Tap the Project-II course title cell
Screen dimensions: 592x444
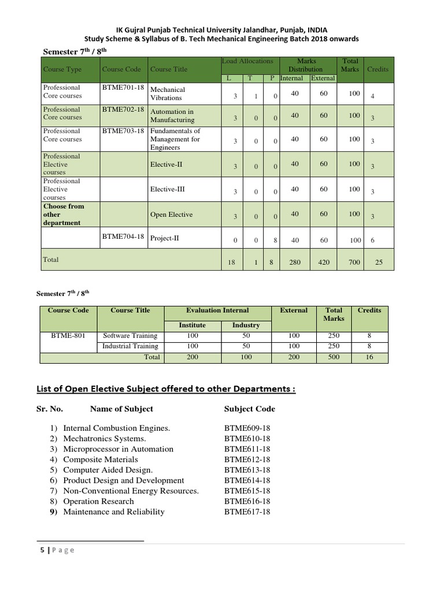(165, 238)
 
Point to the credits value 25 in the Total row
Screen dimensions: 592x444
(379, 262)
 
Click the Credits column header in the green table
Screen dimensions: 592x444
(378, 69)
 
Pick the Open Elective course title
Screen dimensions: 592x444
(171, 214)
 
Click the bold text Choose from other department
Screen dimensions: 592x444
(64, 214)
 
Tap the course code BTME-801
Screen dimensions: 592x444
(68, 335)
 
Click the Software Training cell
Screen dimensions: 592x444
(130, 335)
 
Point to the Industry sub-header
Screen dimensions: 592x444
(246, 325)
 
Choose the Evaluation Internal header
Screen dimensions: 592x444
(217, 310)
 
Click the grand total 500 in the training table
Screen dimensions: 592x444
(334, 357)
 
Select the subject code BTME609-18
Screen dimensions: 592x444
(247, 428)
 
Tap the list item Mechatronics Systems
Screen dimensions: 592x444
(104, 439)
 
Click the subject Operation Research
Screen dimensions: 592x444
(98, 501)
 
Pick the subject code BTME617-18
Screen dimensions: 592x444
(247, 512)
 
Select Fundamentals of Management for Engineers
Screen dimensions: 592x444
(175, 139)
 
